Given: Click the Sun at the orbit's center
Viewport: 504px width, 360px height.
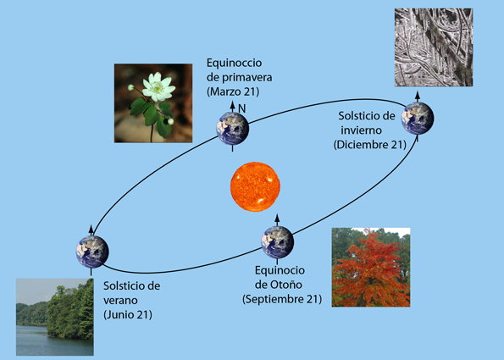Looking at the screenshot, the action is pyautogui.click(x=255, y=186).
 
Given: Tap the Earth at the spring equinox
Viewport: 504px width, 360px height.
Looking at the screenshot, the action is pyautogui.click(x=233, y=129).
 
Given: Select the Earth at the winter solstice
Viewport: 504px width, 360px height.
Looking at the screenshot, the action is pyautogui.click(x=418, y=119).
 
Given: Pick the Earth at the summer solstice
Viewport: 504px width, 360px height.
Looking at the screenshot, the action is pyautogui.click(x=92, y=252).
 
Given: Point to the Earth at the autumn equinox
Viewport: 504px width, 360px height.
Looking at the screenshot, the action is pyautogui.click(x=277, y=242).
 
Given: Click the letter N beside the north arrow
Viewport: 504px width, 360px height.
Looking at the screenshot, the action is pyautogui.click(x=242, y=109).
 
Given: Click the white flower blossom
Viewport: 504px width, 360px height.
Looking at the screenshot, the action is pyautogui.click(x=158, y=86).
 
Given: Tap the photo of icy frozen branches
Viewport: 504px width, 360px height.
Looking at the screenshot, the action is pyautogui.click(x=434, y=47).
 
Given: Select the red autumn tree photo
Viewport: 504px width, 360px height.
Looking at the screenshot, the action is pyautogui.click(x=371, y=267).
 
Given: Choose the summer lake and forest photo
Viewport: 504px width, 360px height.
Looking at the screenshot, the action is pyautogui.click(x=55, y=317).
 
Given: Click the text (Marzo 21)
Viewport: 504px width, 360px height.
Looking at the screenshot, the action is pyautogui.click(x=233, y=91).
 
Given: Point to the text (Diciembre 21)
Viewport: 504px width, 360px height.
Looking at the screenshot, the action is pyautogui.click(x=370, y=145).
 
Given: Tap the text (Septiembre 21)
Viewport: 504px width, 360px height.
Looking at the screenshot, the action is pyautogui.click(x=282, y=299).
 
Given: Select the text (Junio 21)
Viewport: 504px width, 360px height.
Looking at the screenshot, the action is pyautogui.click(x=128, y=314).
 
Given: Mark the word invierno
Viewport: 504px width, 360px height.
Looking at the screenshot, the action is pyautogui.click(x=362, y=130).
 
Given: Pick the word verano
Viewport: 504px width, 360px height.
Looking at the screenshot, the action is pyautogui.click(x=120, y=300).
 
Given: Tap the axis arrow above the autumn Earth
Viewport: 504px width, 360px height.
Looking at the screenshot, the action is pyautogui.click(x=277, y=219).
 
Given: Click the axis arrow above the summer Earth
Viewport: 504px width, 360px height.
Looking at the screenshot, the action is pyautogui.click(x=91, y=230).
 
